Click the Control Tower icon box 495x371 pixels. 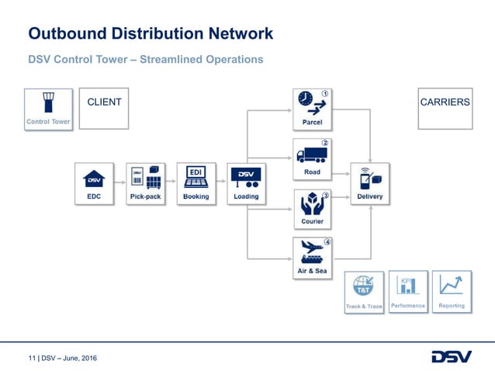click(48, 108)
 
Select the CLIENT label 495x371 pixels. click(104, 102)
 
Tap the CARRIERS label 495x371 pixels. click(445, 102)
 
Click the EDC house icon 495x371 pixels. click(94, 179)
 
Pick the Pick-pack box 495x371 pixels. click(145, 183)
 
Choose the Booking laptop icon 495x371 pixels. click(196, 178)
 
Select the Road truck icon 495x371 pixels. click(311, 155)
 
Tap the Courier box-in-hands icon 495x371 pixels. click(311, 204)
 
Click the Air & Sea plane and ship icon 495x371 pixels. click(312, 253)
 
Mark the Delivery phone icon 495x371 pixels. click(369, 179)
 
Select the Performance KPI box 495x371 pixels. click(408, 291)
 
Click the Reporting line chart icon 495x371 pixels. click(451, 286)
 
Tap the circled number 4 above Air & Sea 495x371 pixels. click(327, 242)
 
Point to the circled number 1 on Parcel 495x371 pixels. click(325, 94)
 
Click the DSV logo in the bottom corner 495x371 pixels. click(451, 356)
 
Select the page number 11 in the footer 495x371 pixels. click(32, 358)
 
